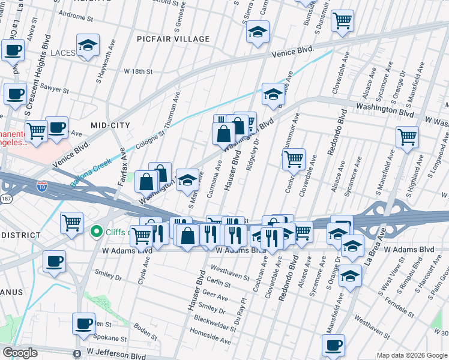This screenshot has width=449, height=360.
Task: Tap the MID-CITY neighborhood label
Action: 110,125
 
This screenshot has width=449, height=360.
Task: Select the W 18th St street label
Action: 138,71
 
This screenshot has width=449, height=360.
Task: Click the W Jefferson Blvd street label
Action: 115,350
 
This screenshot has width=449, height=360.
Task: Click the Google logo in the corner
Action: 20,353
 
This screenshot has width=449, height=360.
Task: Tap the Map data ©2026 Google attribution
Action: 411,355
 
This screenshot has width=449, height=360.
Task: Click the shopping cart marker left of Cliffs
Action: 72,223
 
